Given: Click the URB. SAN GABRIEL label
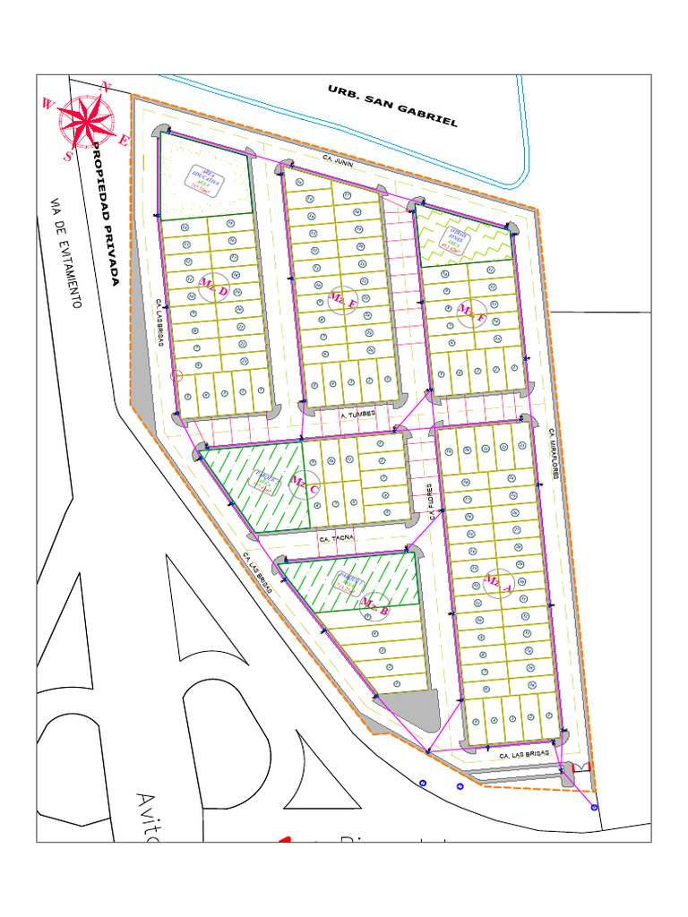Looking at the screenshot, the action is (x=392, y=106).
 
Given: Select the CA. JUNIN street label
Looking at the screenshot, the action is (x=339, y=161).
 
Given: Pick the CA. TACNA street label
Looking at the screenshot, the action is (x=336, y=539).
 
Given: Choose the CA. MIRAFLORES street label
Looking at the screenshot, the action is (x=553, y=452).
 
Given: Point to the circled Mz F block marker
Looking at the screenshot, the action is (x=472, y=313).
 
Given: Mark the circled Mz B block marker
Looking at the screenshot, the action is (x=374, y=605).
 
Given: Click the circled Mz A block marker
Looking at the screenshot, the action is (x=497, y=583).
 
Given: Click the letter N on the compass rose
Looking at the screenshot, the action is (x=107, y=88).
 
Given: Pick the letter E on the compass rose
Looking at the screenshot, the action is (x=125, y=140).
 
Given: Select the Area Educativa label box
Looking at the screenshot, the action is (x=204, y=181).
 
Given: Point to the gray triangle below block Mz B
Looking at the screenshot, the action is (x=408, y=703).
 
